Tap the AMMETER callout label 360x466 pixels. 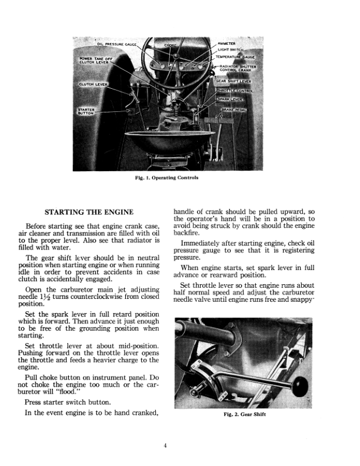point(226,44)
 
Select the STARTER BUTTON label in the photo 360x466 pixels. point(88,111)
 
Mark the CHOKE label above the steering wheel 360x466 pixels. point(170,44)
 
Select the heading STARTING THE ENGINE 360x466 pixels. point(90,212)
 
